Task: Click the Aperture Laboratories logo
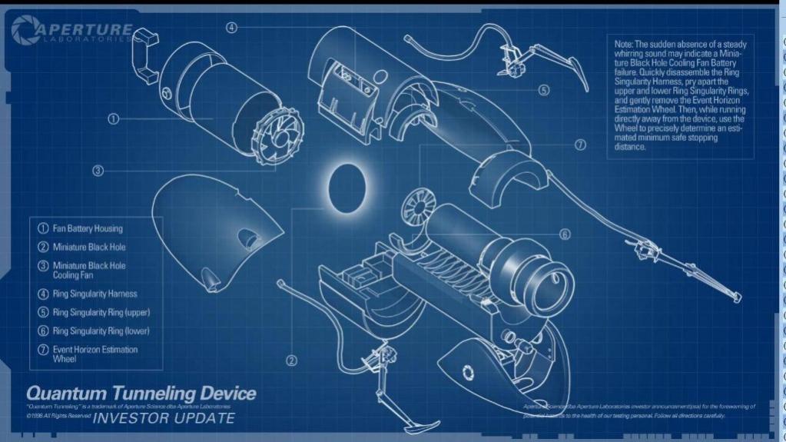coord(73,33)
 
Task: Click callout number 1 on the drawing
coord(114,118)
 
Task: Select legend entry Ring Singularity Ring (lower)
coord(100,331)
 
